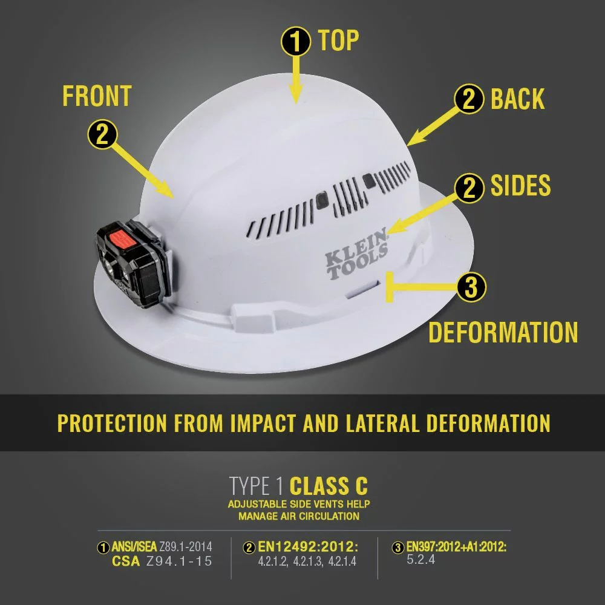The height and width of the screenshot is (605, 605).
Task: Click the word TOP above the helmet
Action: click(x=338, y=41)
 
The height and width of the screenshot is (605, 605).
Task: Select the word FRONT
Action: click(x=97, y=96)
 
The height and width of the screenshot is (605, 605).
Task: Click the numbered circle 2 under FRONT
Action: click(x=103, y=134)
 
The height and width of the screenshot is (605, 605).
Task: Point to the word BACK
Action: click(x=517, y=99)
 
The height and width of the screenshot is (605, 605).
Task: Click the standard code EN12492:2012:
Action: click(x=308, y=548)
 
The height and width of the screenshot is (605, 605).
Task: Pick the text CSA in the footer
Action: click(x=126, y=561)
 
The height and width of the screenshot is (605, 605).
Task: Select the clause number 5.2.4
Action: click(x=420, y=560)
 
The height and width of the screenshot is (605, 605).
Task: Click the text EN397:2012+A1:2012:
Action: click(x=456, y=548)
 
